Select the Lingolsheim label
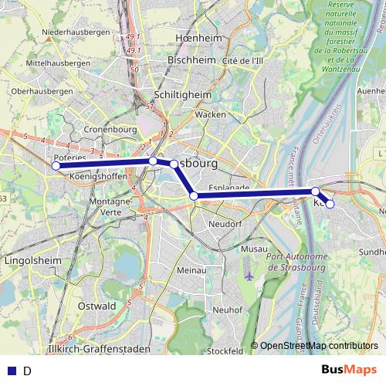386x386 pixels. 32,261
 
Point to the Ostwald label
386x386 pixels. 97,306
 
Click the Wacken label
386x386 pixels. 211,114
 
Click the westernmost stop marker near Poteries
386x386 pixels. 56,165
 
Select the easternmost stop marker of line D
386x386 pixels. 330,204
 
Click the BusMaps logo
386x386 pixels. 349,370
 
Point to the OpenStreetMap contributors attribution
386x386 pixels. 319,346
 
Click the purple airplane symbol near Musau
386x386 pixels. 248,275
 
